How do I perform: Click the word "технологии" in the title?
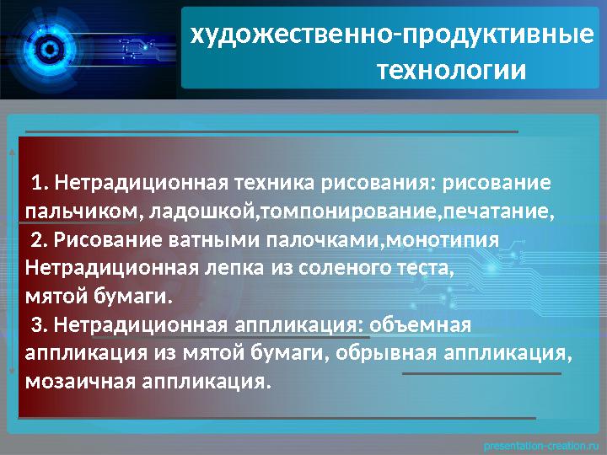[x=451, y=68]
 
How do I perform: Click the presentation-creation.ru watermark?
[x=541, y=443]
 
